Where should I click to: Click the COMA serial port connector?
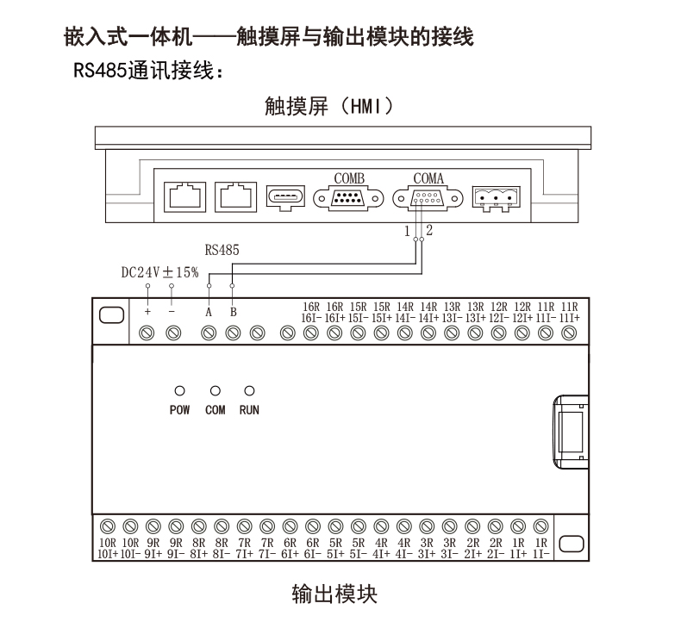[x=428, y=199]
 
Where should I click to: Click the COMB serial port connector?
[x=348, y=199]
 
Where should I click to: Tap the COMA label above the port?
[x=428, y=178]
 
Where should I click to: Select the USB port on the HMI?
[x=285, y=197]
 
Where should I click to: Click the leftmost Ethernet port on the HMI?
[x=185, y=197]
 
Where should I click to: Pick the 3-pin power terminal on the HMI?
[x=496, y=199]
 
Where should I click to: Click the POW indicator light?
[x=179, y=391]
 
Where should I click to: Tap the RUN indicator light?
[x=249, y=391]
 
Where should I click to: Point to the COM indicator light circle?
[x=215, y=391]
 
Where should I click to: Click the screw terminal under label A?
[x=209, y=333]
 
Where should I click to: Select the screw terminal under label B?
[x=234, y=333]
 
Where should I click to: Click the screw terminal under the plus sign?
[x=147, y=333]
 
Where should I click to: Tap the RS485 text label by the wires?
[x=222, y=250]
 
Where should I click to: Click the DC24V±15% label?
[x=159, y=272]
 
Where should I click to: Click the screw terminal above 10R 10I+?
[x=108, y=526]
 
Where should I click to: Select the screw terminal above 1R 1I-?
[x=540, y=526]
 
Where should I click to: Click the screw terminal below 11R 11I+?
[x=569, y=333]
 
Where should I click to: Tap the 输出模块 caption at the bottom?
[x=334, y=594]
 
